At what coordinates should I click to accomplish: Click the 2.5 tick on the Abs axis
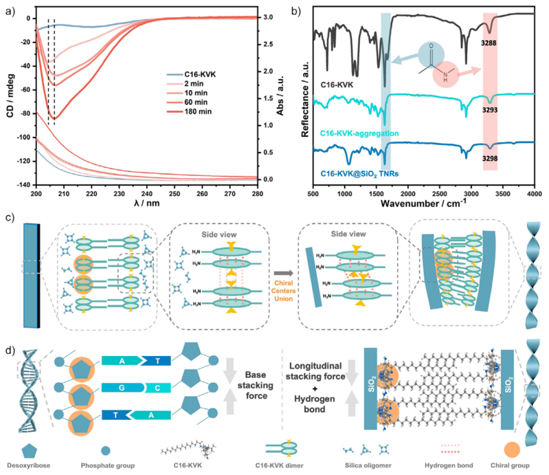click(268, 45)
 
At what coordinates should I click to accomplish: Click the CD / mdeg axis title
click(10, 96)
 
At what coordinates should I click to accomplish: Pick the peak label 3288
click(489, 43)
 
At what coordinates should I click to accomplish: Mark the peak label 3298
click(490, 158)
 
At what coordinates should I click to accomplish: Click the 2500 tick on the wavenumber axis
click(440, 194)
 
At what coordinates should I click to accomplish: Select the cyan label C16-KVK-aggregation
click(359, 133)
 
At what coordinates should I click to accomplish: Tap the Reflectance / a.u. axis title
click(305, 99)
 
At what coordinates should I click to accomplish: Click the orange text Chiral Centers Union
click(283, 291)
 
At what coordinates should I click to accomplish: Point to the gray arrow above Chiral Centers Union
click(284, 273)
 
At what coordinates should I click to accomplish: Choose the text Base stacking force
click(255, 386)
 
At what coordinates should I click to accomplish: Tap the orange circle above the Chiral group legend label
click(512, 450)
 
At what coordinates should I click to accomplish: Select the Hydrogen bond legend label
click(449, 465)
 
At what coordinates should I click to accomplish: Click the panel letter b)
click(296, 11)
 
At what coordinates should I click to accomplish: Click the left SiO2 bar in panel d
click(370, 388)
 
